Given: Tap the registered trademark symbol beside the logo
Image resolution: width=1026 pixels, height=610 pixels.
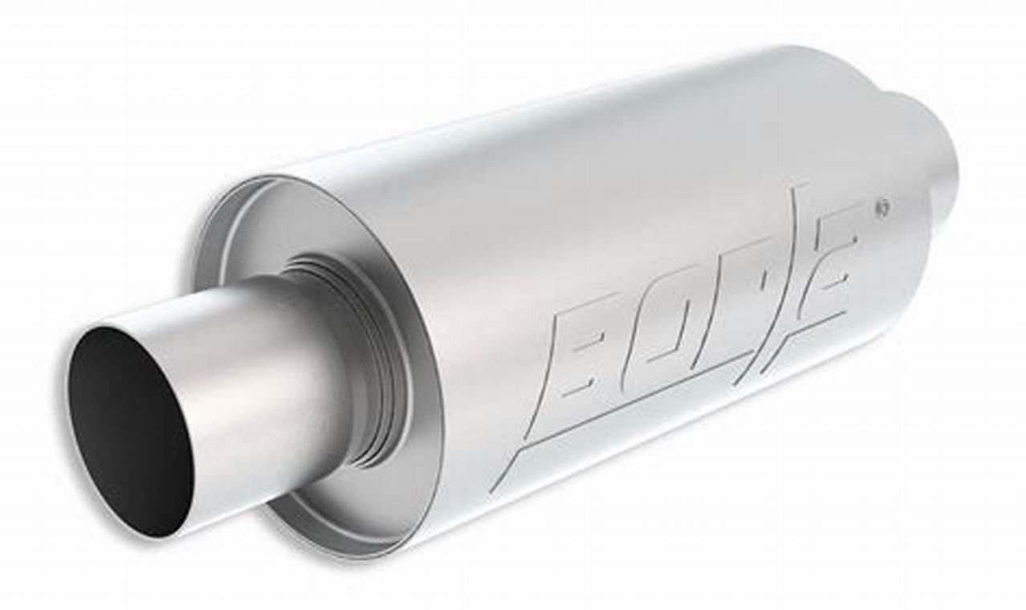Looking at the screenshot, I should pos(883,206).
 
